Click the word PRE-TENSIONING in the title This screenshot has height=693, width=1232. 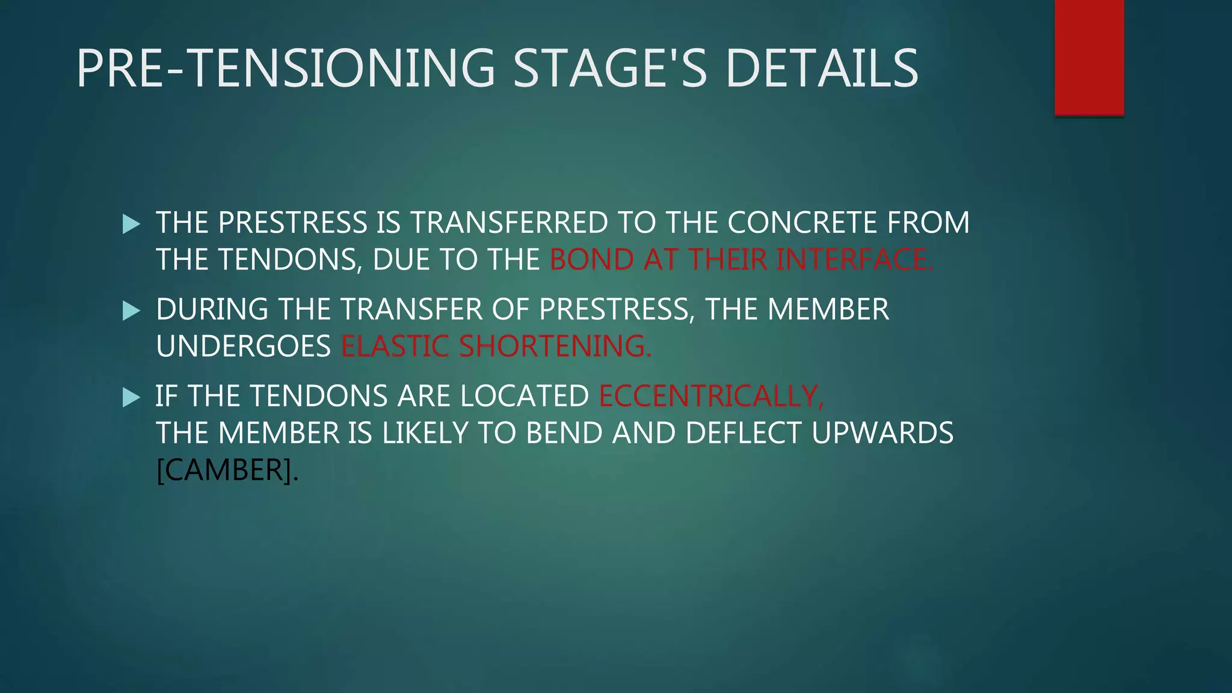pos(286,69)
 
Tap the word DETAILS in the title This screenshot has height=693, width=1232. pos(822,69)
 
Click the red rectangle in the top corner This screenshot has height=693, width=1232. pos(1089,57)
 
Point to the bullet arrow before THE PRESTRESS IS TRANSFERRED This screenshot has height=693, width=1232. pos(131,224)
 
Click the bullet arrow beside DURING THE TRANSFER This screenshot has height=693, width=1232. pos(131,311)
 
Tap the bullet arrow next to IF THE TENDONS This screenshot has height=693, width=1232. pos(131,398)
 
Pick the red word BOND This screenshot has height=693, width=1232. pos(591,260)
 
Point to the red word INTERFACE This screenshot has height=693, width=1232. pos(854,260)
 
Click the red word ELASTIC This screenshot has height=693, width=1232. pos(395,346)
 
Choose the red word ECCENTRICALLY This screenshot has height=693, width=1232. pos(711,396)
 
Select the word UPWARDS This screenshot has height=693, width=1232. pos(882,433)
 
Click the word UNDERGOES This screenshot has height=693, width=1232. pos(243,346)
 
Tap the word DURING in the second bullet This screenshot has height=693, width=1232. pos(212,309)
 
